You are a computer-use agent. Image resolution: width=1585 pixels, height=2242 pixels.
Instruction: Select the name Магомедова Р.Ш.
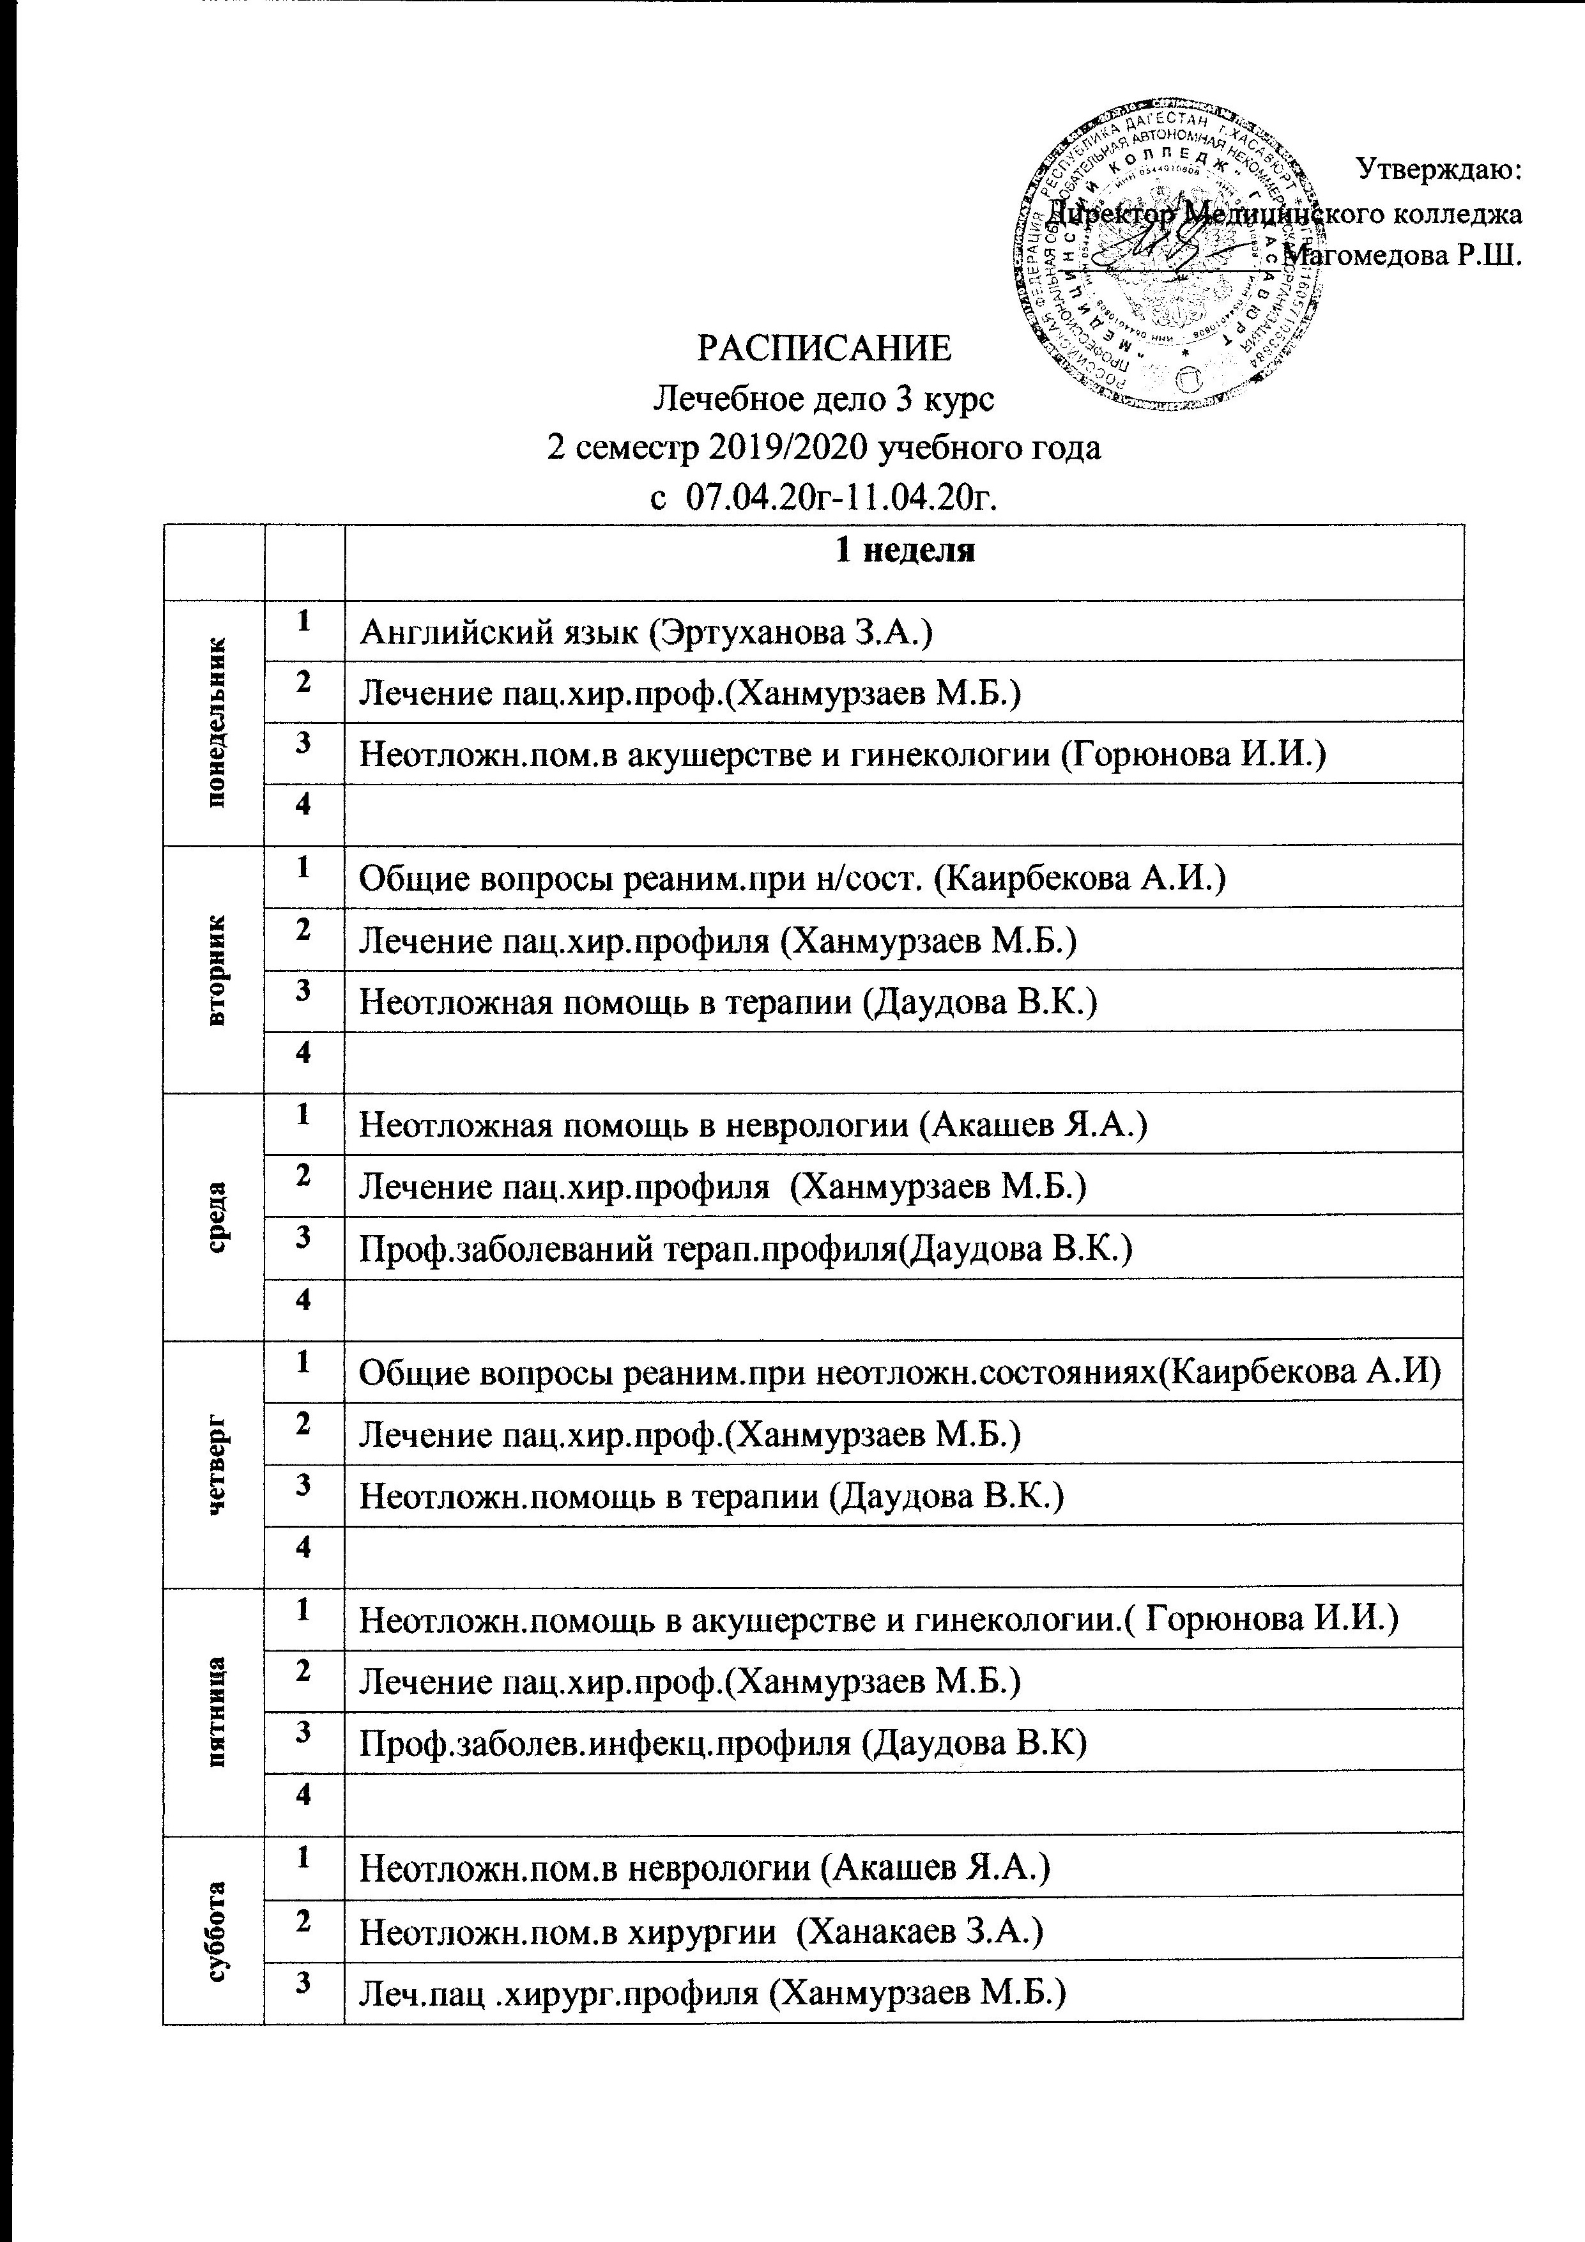[x=1404, y=256]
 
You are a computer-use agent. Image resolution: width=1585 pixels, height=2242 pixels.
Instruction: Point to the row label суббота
[x=215, y=1922]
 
